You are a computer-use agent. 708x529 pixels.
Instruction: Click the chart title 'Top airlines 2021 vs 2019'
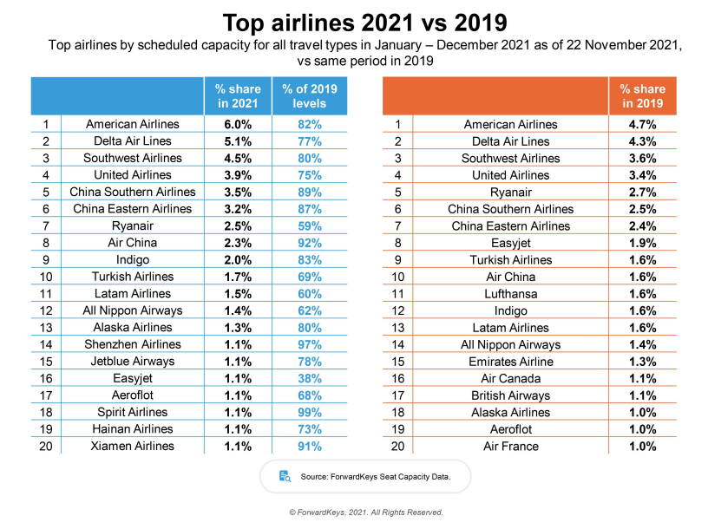click(354, 22)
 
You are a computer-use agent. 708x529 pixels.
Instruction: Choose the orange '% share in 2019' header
click(642, 95)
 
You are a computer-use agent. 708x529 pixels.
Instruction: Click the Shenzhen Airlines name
click(133, 344)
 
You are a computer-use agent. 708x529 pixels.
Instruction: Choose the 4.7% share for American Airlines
click(642, 125)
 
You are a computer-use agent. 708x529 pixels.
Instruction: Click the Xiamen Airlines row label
click(133, 446)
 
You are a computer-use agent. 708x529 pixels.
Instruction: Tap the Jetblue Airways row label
click(133, 362)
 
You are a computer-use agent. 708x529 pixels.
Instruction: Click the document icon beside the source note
click(285, 476)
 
